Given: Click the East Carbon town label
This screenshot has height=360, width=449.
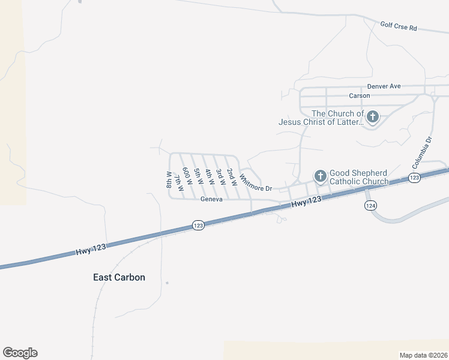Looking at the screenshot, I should click(119, 277).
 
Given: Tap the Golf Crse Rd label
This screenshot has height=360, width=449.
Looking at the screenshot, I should click(399, 27).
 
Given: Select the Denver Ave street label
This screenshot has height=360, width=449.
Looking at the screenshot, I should click(384, 86).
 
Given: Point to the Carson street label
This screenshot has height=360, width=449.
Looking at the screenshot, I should click(360, 96).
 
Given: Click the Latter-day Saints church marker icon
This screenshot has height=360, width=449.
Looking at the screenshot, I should click(373, 117).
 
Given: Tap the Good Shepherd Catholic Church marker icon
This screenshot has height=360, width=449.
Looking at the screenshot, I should click(321, 176).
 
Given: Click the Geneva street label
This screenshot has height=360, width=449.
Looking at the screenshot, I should click(212, 200).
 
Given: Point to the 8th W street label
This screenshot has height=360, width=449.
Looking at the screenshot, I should click(169, 179).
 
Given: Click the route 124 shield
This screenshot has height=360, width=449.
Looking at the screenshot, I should click(370, 205).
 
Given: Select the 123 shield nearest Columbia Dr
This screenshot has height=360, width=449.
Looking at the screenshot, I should click(414, 178).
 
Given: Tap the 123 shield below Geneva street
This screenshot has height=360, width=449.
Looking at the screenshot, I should click(199, 225).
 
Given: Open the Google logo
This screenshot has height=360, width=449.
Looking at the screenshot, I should click(20, 353).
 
